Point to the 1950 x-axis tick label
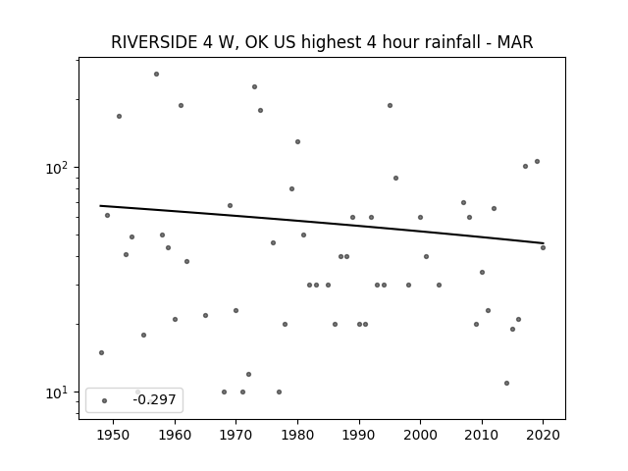pyautogui.click(x=114, y=435)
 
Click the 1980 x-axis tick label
pyautogui.click(x=297, y=435)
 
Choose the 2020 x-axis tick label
pyautogui.click(x=543, y=435)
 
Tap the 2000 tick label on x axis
pyautogui.click(x=420, y=435)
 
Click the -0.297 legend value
pyautogui.click(x=155, y=399)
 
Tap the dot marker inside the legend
pyautogui.click(x=105, y=400)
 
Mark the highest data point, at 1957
pyautogui.click(x=157, y=75)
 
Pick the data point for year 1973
pyautogui.click(x=254, y=87)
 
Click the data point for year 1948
pyautogui.click(x=101, y=353)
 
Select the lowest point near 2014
pyautogui.click(x=506, y=384)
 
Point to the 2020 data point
pyautogui.click(x=543, y=248)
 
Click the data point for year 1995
pyautogui.click(x=390, y=106)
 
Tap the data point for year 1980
pyautogui.click(x=297, y=141)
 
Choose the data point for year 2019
pyautogui.click(x=537, y=161)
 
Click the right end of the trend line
pyautogui.click(x=544, y=243)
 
